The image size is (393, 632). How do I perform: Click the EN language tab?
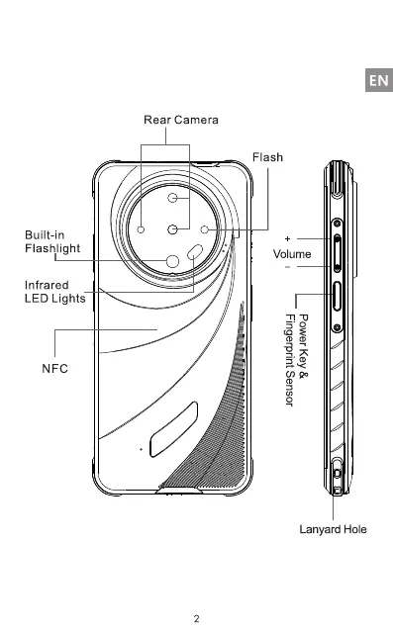pos(379,80)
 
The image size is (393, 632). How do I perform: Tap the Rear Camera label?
pos(181,120)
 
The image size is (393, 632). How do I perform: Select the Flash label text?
pos(267,157)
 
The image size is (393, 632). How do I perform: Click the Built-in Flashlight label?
pos(52,241)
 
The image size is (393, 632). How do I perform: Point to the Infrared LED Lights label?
pos(54,292)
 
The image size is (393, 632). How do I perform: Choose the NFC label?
pos(54,368)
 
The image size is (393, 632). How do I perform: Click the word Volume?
pos(292,254)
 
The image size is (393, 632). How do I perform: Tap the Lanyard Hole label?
pos(333,529)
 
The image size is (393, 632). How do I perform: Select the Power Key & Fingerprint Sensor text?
pos(297,360)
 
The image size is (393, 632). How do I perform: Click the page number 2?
pos(196,618)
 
